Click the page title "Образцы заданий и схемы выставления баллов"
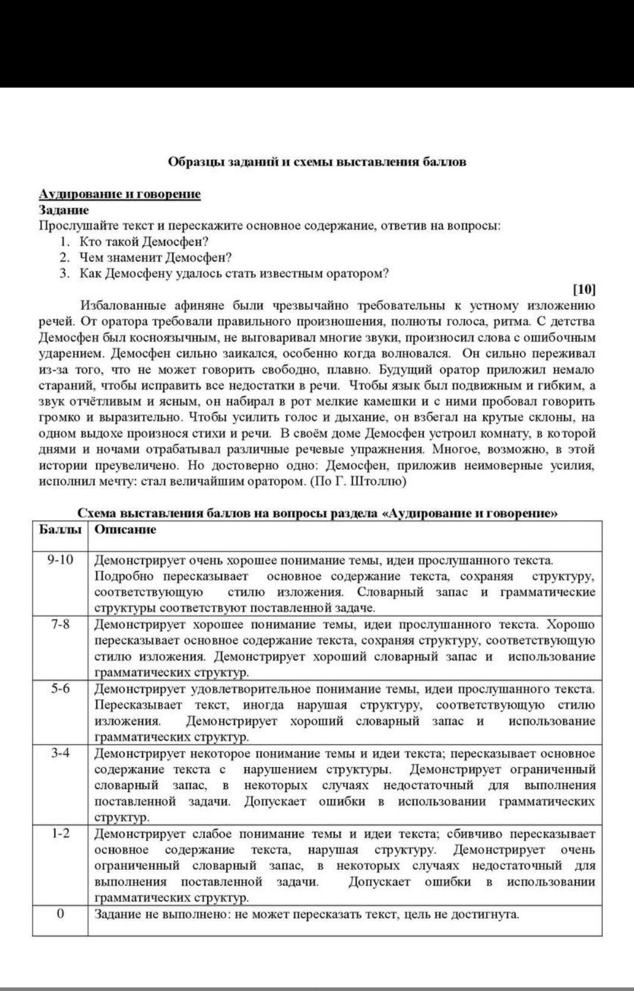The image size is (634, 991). click(x=317, y=162)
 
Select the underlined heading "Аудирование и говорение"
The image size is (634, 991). click(x=120, y=194)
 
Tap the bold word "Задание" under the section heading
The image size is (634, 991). click(x=64, y=210)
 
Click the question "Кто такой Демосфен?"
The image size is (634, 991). click(x=144, y=242)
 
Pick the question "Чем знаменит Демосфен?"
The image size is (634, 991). click(x=156, y=258)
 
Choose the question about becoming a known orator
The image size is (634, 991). click(x=234, y=274)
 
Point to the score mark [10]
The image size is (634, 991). click(x=584, y=289)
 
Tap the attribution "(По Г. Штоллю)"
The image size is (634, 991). click(x=359, y=482)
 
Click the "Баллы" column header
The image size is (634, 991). click(x=60, y=530)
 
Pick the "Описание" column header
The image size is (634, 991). click(x=125, y=530)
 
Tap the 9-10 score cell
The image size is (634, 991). click(x=60, y=560)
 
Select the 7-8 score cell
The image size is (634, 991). click(x=60, y=625)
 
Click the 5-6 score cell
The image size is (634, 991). click(x=60, y=689)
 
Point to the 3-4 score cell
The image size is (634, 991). click(x=60, y=753)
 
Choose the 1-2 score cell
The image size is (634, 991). click(x=60, y=834)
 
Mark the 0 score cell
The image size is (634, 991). click(x=60, y=914)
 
